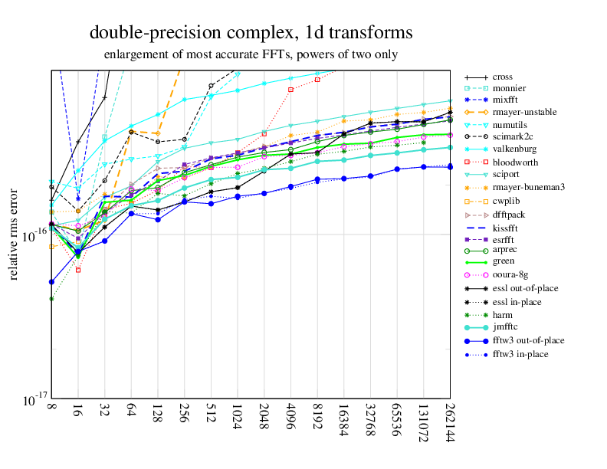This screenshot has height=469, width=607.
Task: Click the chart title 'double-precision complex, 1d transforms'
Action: coord(251,33)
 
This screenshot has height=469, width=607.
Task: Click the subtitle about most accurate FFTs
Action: coord(251,54)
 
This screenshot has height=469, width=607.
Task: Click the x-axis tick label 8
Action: coord(51,412)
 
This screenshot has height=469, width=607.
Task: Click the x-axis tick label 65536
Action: coord(397,422)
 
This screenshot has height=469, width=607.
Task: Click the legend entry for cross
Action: coord(503,77)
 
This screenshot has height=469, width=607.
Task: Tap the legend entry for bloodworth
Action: coord(515,162)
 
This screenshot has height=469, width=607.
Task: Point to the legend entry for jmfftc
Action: coord(507,327)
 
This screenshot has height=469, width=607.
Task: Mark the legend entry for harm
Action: coord(504,314)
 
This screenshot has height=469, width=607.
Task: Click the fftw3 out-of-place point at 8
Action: coord(51,282)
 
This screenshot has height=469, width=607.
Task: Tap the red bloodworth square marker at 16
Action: coord(78,270)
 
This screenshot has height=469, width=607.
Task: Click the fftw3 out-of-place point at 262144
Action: coord(450,166)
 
